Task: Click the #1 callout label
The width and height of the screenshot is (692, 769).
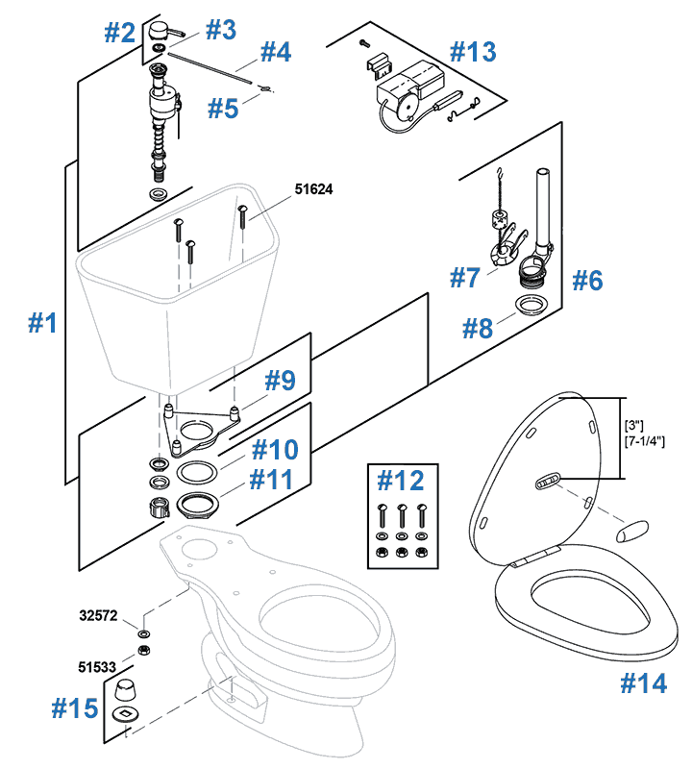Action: pyautogui.click(x=41, y=323)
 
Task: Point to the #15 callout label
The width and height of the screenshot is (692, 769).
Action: pyautogui.click(x=74, y=708)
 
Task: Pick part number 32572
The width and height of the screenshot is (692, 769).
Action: pyautogui.click(x=99, y=614)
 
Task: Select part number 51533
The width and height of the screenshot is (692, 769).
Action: pyautogui.click(x=99, y=663)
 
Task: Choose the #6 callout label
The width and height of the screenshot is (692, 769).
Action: pyautogui.click(x=587, y=281)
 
